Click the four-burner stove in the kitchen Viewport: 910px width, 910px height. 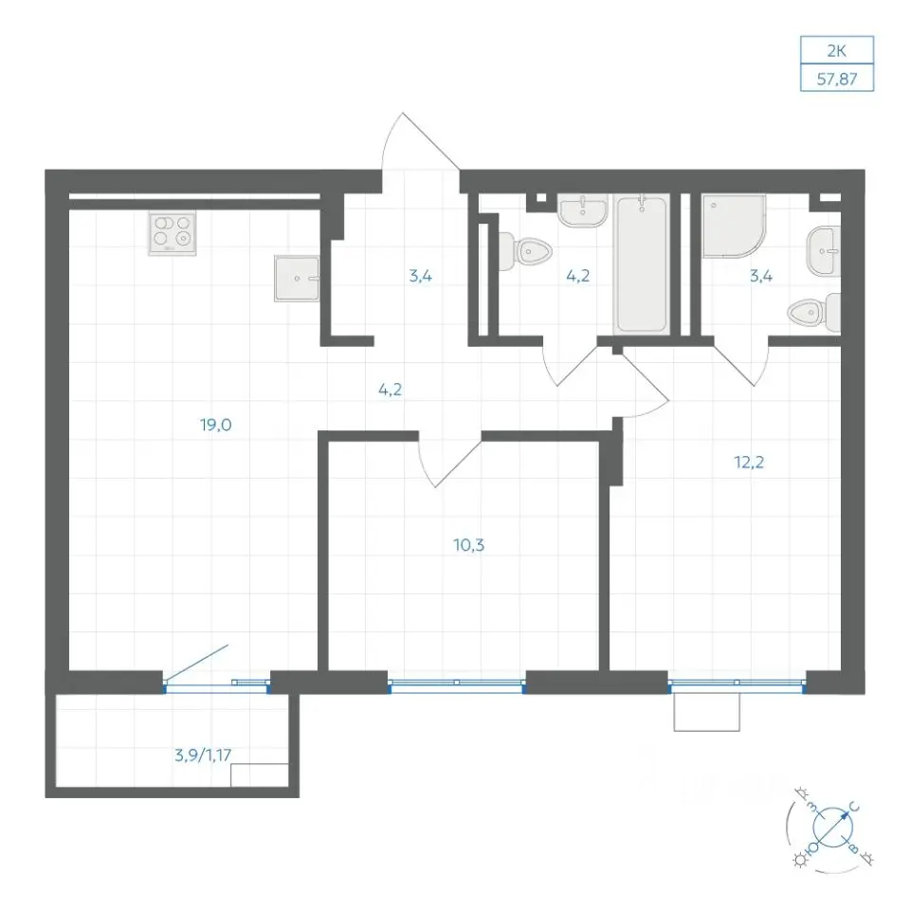point(172,232)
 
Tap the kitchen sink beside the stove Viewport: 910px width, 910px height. point(297,278)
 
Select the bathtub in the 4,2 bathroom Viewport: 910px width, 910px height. point(642,264)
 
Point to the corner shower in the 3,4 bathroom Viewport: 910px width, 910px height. point(734,226)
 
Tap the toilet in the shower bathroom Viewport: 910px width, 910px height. point(813,313)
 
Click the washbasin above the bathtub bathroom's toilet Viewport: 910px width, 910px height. point(583,210)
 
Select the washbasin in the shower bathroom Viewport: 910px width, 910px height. point(824,251)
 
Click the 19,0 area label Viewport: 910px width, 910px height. point(216,426)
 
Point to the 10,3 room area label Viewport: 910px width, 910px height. point(469,546)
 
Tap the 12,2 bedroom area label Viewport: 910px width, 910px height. point(749,463)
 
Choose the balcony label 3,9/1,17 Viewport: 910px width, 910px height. point(203,755)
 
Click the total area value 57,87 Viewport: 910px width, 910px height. point(837,79)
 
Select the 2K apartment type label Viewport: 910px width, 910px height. point(837,51)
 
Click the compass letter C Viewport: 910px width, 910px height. point(854,808)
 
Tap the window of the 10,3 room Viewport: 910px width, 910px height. point(457,686)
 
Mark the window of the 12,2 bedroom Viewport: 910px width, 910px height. point(737,686)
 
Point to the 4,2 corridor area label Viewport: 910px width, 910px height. point(390,390)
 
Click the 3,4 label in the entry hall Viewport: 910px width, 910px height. point(420,276)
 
